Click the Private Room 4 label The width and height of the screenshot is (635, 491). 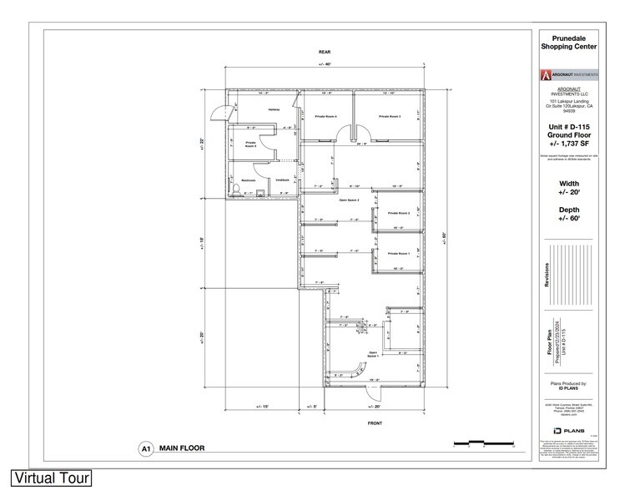point(325,116)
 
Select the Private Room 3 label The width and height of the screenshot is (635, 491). point(390,116)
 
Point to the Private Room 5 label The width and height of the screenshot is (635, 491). point(250,144)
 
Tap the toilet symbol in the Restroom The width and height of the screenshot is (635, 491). point(235,191)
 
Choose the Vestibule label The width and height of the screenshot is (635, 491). point(283,180)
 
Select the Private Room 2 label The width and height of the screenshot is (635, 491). point(398,213)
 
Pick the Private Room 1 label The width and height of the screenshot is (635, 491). point(398,253)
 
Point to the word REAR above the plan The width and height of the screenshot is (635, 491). point(325,52)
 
